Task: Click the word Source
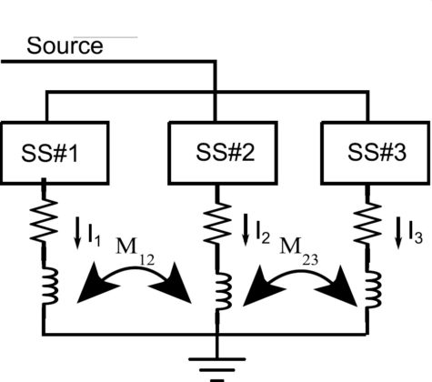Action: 65,45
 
